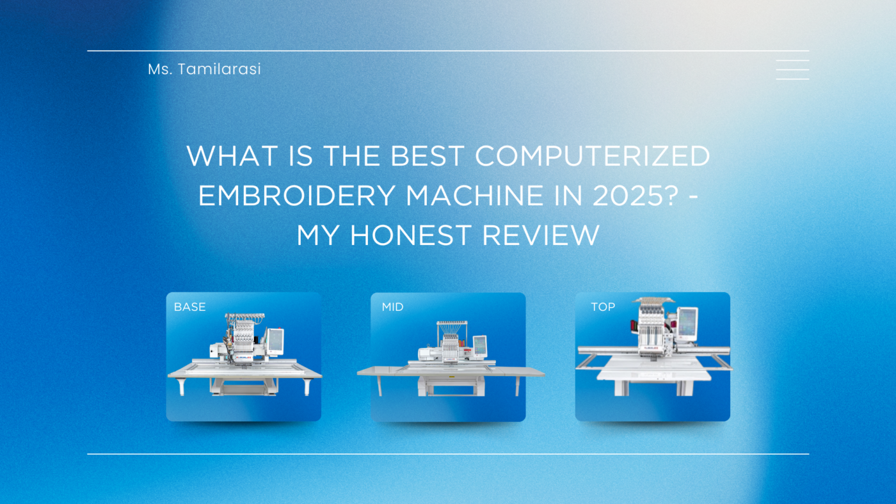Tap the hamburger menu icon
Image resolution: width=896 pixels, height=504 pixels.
792,70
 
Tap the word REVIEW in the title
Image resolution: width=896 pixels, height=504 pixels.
541,235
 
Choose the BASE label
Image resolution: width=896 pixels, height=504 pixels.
189,307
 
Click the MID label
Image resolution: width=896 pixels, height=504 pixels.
392,307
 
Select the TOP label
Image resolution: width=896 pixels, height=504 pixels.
603,307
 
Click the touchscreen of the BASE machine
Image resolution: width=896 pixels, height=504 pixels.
276,340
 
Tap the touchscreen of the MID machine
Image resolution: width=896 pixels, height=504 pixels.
479,345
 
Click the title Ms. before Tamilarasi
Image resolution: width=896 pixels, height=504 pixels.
159,69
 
